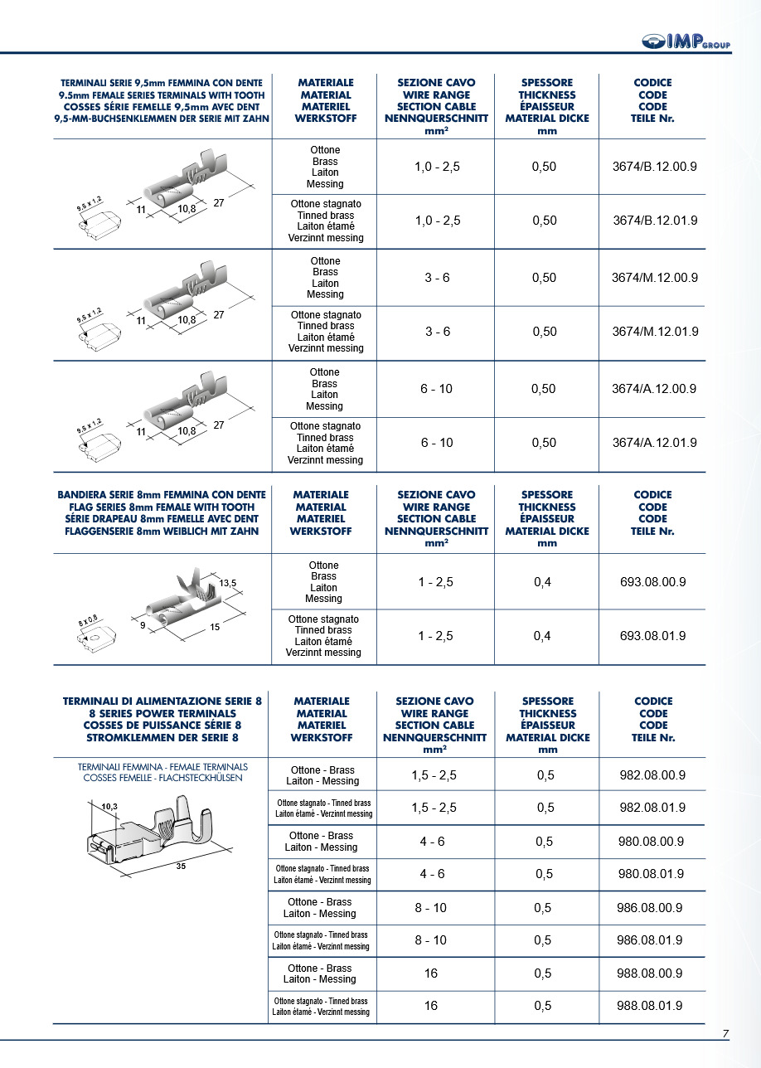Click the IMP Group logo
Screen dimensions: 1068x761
tap(686, 42)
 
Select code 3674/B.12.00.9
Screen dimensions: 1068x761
tap(654, 167)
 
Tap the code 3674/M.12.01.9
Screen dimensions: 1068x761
tap(655, 332)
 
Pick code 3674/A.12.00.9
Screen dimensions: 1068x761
tap(654, 389)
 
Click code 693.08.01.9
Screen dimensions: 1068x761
tap(653, 636)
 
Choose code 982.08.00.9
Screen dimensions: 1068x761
tap(652, 775)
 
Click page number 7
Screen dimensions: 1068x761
tap(725, 1034)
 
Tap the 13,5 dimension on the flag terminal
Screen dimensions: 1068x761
tap(228, 584)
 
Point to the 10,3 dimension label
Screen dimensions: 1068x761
tap(109, 806)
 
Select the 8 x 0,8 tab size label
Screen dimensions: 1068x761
tap(89, 619)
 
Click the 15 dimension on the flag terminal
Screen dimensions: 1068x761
tap(215, 628)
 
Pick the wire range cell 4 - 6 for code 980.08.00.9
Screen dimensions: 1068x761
tap(432, 842)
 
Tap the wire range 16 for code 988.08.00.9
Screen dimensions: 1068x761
tap(431, 973)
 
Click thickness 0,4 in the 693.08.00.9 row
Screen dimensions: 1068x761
tap(543, 582)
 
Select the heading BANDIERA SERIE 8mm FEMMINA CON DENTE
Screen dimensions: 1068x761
tap(162, 495)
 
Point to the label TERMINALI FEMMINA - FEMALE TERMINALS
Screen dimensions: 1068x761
tap(162, 767)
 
